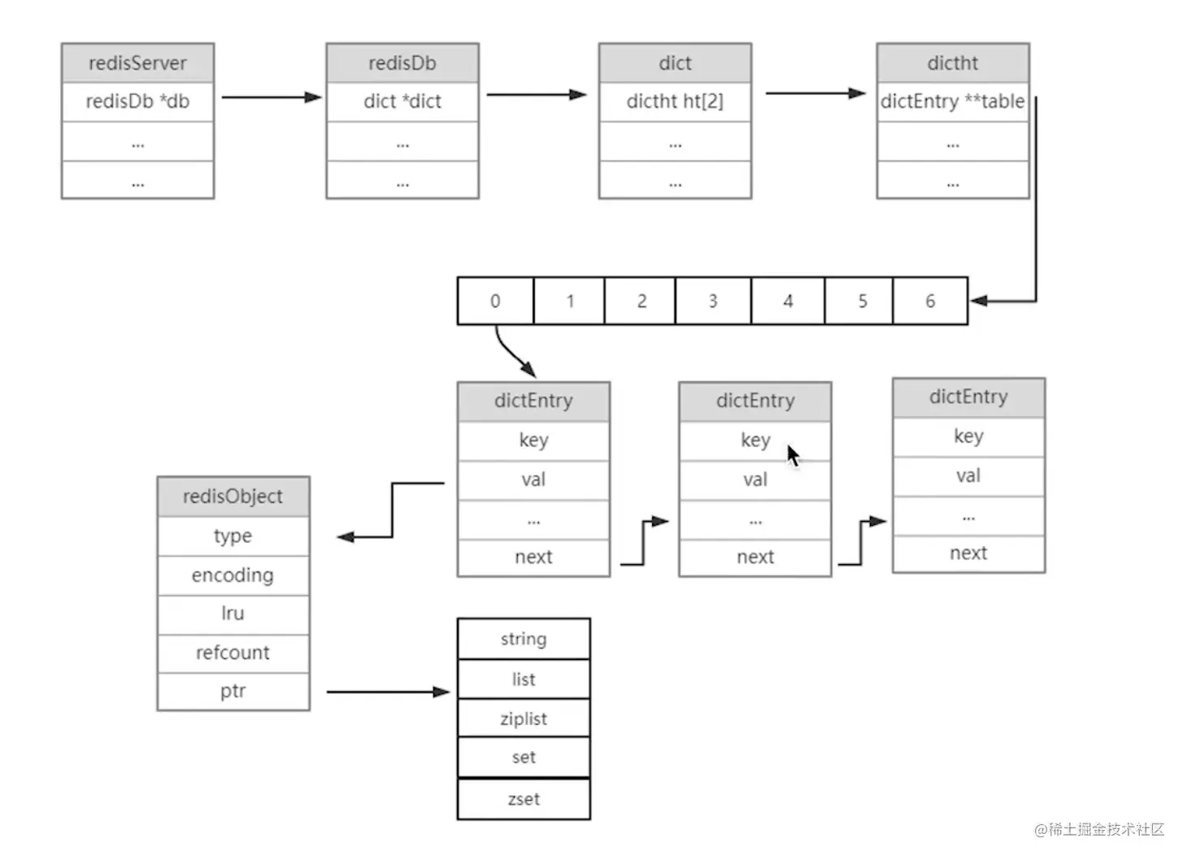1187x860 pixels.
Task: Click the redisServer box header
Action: click(137, 63)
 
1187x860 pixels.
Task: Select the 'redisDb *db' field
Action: click(137, 102)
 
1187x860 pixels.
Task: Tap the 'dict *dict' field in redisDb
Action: click(402, 102)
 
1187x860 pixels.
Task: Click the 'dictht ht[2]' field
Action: click(675, 102)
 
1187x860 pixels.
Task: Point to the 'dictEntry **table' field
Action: click(952, 102)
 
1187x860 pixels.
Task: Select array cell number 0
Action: click(495, 301)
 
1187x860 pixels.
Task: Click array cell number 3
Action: click(712, 301)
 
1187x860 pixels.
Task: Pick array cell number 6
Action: click(930, 301)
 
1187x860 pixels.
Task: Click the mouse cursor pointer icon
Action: click(793, 455)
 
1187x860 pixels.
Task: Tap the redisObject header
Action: click(233, 496)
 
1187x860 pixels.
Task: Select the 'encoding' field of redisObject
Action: click(233, 576)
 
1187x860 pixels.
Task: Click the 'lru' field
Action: click(233, 614)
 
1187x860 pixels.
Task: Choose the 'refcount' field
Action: click(233, 653)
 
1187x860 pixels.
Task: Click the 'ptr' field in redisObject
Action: click(233, 691)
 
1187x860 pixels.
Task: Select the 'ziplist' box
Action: click(524, 719)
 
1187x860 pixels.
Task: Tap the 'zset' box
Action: click(524, 799)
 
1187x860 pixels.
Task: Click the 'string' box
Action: click(524, 639)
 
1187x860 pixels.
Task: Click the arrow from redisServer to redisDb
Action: click(271, 98)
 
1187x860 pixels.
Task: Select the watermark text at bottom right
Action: click(1098, 829)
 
